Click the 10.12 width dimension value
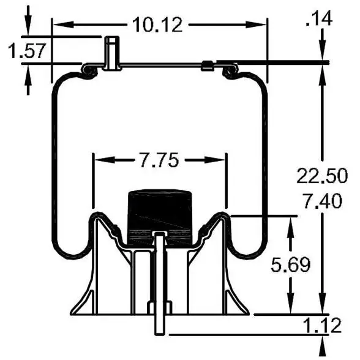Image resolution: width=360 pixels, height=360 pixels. coord(157,24)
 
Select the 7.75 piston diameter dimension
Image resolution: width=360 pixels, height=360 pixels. coord(159,160)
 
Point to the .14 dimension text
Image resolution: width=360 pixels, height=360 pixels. coord(319,18)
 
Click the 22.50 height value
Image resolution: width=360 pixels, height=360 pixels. coord(322,176)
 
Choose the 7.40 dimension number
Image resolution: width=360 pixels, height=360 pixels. coord(322,201)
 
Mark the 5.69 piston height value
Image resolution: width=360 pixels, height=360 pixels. coord(291,264)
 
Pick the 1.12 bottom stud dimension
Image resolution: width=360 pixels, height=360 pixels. coord(322,325)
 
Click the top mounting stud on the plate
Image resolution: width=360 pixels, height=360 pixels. coord(111,53)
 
